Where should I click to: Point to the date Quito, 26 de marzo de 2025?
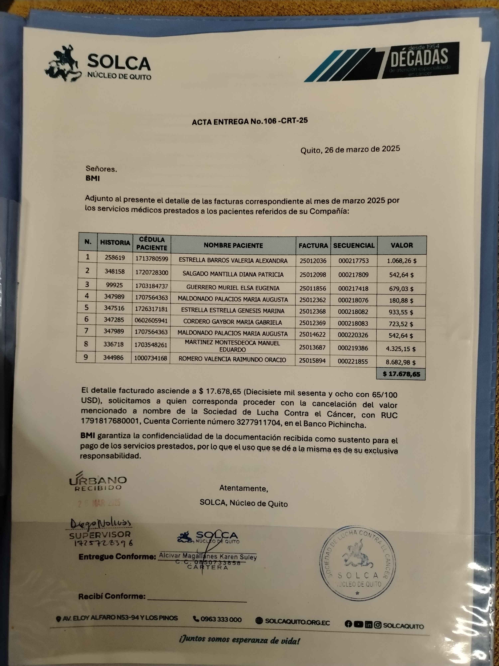(x=350, y=149)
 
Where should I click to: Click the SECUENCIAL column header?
(x=354, y=245)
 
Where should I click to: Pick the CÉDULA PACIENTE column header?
(x=152, y=244)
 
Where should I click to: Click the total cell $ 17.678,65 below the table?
(x=401, y=374)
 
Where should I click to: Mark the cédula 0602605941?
(x=151, y=320)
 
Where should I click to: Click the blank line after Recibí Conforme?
(x=197, y=597)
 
